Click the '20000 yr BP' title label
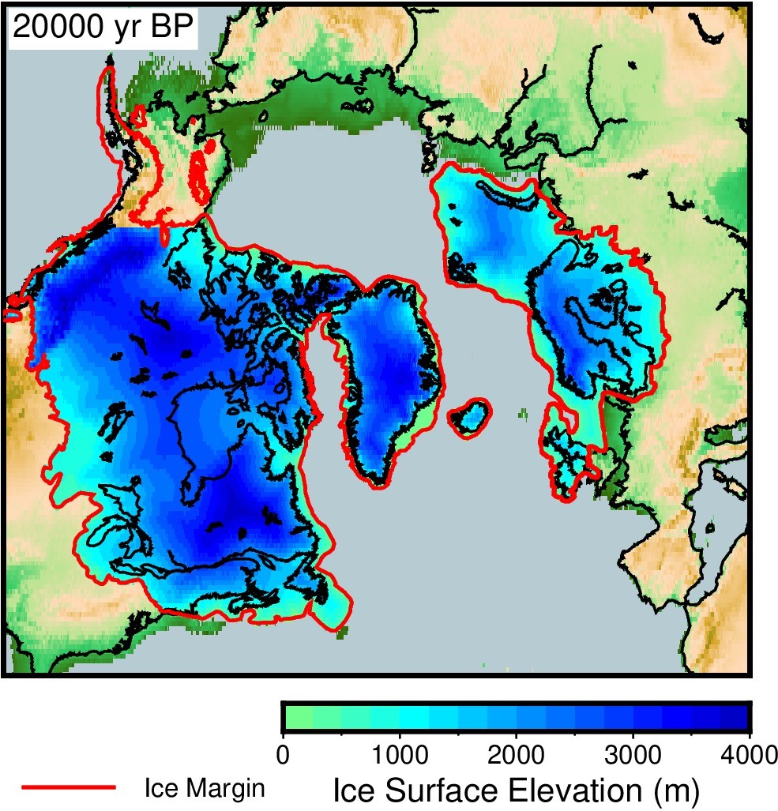point(103,28)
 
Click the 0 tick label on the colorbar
point(283,750)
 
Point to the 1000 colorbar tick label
point(400,750)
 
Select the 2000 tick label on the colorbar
point(517,750)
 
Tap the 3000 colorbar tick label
point(633,750)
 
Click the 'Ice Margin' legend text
point(204,787)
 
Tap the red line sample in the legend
point(69,787)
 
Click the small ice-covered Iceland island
point(469,417)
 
